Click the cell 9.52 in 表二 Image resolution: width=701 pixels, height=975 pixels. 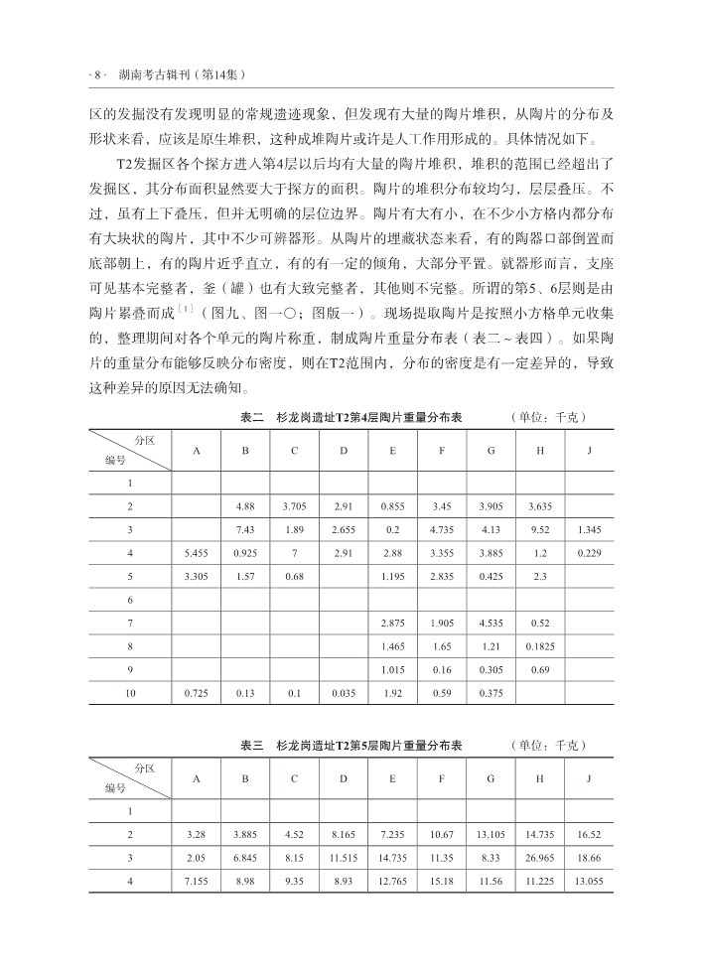coord(540,529)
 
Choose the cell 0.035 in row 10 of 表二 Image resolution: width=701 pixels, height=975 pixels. coord(344,692)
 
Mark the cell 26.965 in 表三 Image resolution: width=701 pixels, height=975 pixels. coord(540,856)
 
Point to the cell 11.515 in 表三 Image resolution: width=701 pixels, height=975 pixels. coord(344,856)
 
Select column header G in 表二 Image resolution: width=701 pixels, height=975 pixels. coord(491,452)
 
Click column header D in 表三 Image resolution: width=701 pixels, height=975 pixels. coord(344,777)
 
